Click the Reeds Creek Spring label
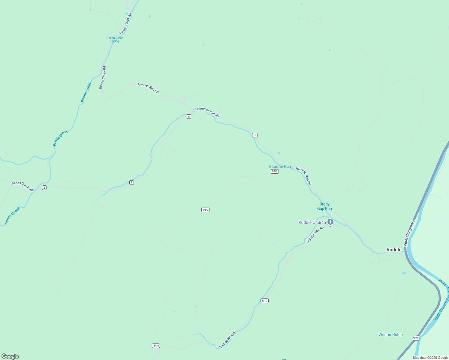[115, 39]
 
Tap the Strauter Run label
[280, 166]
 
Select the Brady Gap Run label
[324, 206]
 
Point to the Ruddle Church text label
[312, 222]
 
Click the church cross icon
[330, 222]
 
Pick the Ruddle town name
[394, 250]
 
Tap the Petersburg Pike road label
[409, 233]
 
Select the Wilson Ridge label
[390, 334]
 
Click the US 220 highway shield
[416, 338]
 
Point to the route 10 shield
[255, 135]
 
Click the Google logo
[10, 356]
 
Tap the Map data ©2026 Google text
[430, 358]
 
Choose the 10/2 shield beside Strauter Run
[275, 171]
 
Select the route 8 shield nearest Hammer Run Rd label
[189, 116]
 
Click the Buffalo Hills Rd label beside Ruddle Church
[315, 235]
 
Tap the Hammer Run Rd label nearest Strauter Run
[303, 176]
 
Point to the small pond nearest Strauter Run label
[279, 153]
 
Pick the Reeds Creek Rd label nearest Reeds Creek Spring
[126, 23]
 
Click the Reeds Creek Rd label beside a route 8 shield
[23, 186]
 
